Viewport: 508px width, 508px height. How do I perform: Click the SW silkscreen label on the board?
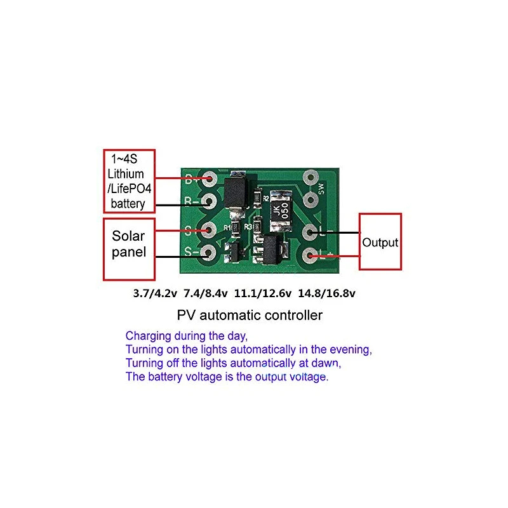point(321,189)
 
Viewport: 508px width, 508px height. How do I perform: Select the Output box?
point(380,242)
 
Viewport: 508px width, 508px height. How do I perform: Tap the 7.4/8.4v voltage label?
point(206,293)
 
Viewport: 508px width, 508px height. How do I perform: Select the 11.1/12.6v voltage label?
point(263,293)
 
